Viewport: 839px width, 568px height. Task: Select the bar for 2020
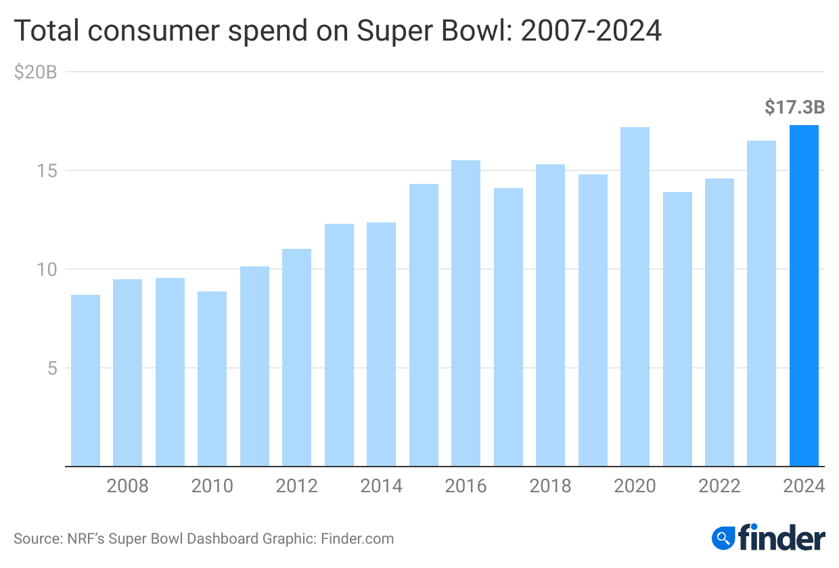pos(635,297)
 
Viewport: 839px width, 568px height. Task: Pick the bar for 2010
pos(212,379)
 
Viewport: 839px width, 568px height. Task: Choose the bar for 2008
pos(127,373)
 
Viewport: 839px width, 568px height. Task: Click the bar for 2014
pos(381,344)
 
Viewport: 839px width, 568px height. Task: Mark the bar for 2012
pos(296,358)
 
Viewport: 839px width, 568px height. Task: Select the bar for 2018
pos(550,315)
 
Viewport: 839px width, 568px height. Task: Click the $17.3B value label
pos(794,107)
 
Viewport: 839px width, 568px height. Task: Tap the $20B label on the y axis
pos(35,72)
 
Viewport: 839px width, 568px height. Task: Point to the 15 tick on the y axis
pos(46,170)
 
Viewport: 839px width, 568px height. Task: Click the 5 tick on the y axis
pos(51,368)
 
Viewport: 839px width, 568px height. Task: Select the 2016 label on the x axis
pos(466,486)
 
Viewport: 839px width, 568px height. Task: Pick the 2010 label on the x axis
pos(212,486)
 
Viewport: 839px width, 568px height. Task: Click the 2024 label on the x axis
pos(804,486)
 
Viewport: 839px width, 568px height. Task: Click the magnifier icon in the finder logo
pos(724,538)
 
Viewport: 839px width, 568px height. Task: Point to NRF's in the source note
pos(87,539)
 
